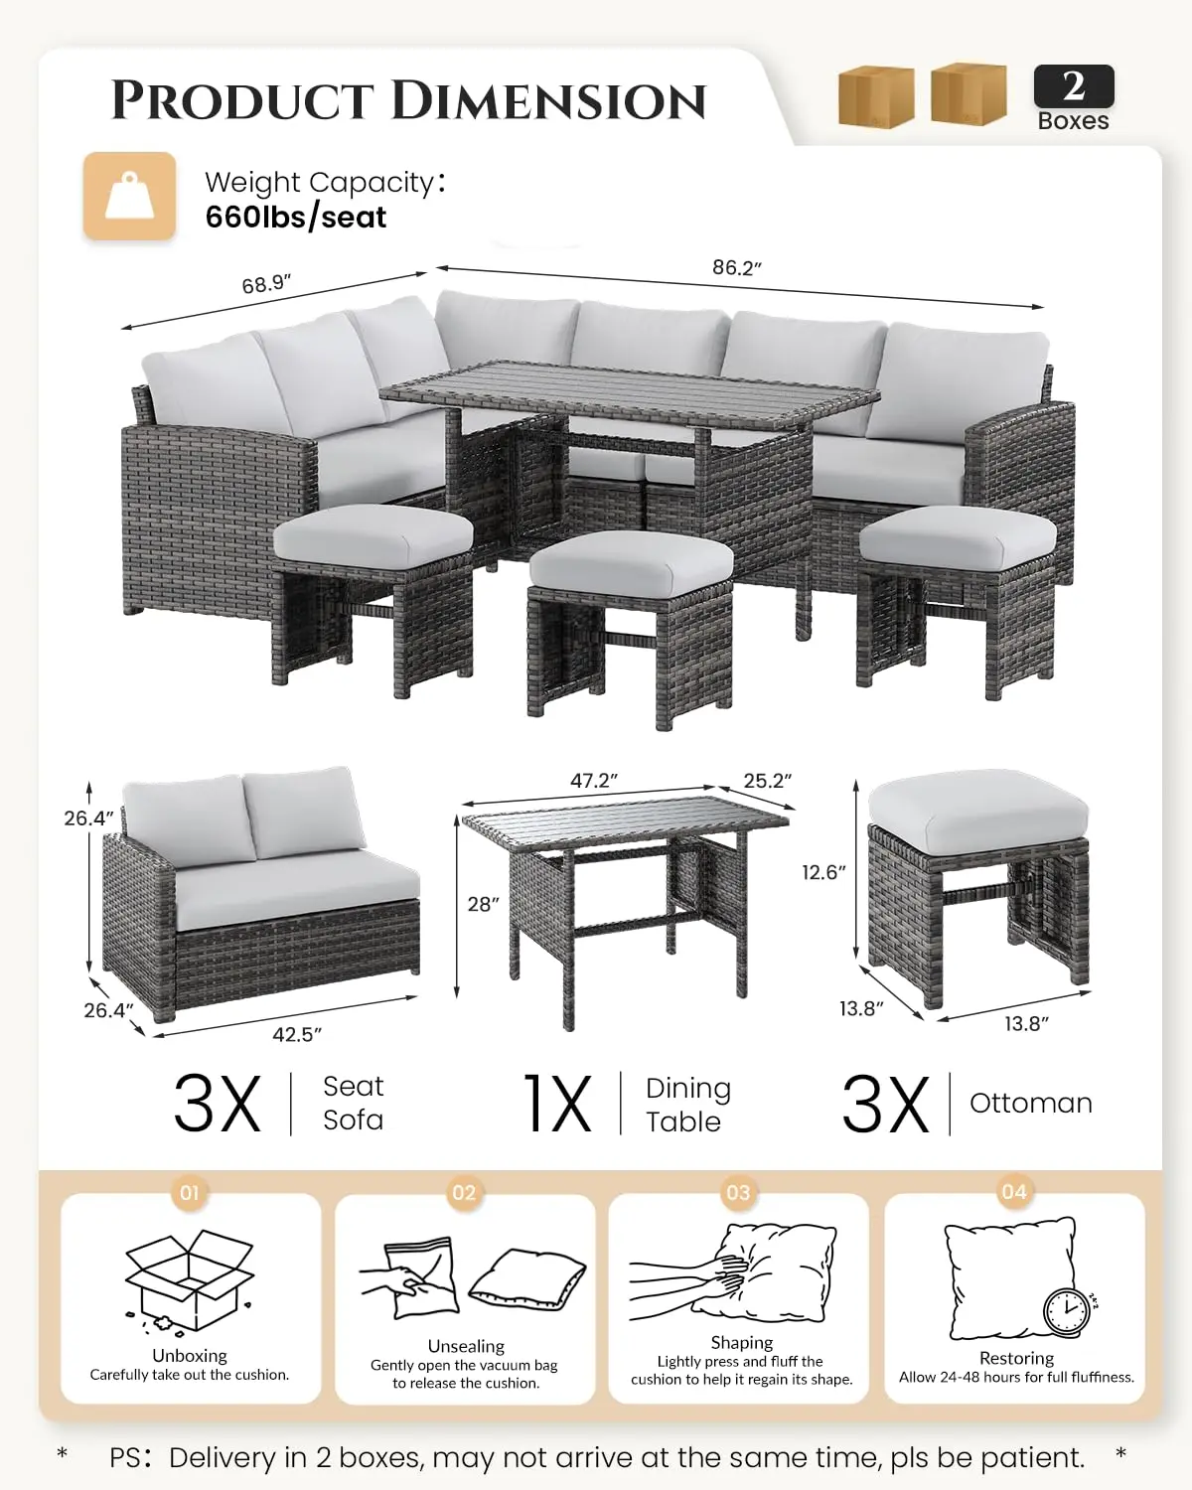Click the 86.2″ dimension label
[736, 267]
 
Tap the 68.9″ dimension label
[266, 284]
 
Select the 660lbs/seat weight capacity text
[296, 218]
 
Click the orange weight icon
[129, 196]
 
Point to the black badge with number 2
[1074, 86]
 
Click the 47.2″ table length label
[594, 781]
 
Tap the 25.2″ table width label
[768, 781]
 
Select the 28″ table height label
[484, 904]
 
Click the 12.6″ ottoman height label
[823, 872]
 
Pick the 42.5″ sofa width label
[297, 1034]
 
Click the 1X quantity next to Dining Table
[557, 1104]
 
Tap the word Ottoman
[1031, 1104]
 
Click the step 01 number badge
[189, 1192]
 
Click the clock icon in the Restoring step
[1067, 1312]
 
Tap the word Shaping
[742, 1343]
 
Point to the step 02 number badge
[464, 1192]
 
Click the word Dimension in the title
[548, 101]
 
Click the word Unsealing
[466, 1346]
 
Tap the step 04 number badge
[1014, 1192]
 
